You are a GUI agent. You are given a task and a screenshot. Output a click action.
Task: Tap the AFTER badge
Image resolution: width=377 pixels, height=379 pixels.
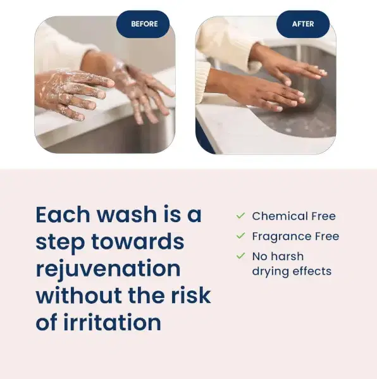[303, 24]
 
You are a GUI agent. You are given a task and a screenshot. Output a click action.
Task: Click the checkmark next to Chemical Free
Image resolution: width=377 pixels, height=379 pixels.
[241, 215]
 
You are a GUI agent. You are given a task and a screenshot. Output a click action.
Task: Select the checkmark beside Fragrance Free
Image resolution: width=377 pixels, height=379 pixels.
[241, 235]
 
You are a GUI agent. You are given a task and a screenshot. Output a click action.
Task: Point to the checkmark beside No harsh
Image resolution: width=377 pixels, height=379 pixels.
[241, 256]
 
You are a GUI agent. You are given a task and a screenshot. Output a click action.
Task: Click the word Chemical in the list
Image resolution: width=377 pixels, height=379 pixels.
[280, 216]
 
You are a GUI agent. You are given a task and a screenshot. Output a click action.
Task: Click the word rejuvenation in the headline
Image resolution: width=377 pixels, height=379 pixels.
[108, 269]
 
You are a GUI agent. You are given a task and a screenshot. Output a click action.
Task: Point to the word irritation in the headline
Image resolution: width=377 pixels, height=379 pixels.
[112, 322]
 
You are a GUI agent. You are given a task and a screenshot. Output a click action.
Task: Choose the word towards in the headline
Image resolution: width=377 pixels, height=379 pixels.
[138, 241]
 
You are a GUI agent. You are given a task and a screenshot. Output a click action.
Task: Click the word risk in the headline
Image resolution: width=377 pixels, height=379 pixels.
[191, 295]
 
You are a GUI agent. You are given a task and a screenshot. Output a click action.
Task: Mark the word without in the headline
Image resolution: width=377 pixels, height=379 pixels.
[79, 295]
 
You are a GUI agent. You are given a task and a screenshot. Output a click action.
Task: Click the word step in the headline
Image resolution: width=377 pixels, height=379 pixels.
[60, 242]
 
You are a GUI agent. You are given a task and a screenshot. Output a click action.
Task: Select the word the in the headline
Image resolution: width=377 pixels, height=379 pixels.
[147, 295]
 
